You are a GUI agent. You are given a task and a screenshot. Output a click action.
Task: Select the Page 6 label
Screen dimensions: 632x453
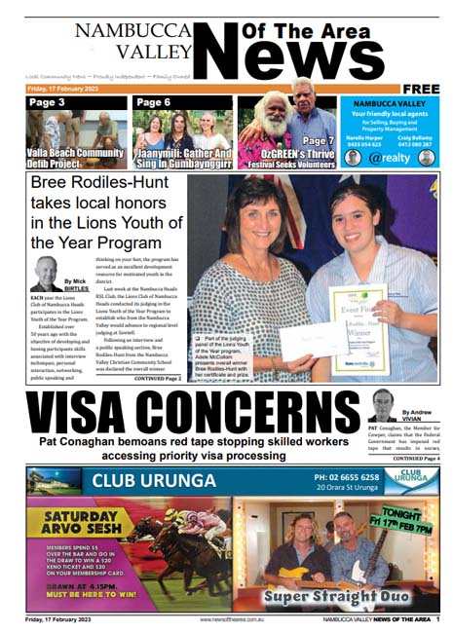[153, 101]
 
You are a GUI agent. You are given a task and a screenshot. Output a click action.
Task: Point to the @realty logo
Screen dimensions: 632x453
[397, 155]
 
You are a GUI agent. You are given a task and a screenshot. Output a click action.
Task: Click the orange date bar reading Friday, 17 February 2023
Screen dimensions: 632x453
[68, 88]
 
